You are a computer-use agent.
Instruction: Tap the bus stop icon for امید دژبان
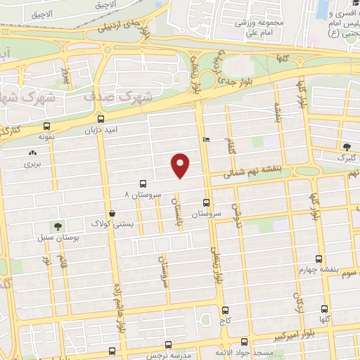point(102,119)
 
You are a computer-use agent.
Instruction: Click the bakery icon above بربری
point(32,153)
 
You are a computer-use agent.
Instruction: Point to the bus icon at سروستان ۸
point(144,181)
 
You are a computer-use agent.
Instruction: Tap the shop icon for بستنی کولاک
point(112,213)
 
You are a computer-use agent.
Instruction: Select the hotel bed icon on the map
point(205,140)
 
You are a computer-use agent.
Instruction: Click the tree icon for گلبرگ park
point(347,147)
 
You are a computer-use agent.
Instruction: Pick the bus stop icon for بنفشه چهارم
point(319,259)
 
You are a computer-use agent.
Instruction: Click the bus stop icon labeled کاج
point(225,309)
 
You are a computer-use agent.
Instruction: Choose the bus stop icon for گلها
point(323,309)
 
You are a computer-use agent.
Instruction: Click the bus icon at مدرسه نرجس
point(168,345)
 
